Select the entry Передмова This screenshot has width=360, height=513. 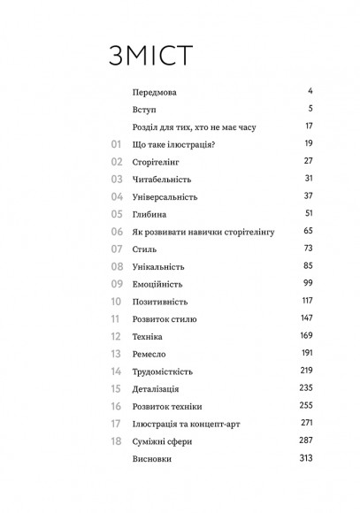click(154, 92)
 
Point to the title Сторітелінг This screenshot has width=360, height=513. click(156, 162)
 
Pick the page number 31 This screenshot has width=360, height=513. click(309, 179)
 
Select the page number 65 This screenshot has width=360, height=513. click(309, 231)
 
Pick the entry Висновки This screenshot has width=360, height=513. click(153, 460)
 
